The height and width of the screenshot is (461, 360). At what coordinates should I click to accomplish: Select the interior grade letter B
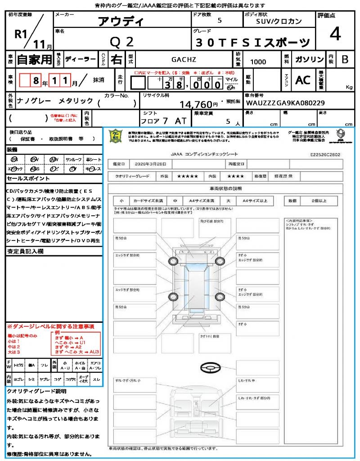click(x=345, y=59)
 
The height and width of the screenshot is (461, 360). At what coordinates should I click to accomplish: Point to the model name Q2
click(x=122, y=42)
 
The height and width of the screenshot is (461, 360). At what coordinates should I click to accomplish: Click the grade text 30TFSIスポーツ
click(x=253, y=42)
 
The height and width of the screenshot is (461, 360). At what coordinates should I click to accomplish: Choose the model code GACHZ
click(x=184, y=59)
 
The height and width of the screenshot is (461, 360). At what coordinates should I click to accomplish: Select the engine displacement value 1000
click(x=258, y=62)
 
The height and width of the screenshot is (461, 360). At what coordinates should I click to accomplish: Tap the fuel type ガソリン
click(x=309, y=59)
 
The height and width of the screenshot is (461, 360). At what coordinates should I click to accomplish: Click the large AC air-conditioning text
click(x=303, y=80)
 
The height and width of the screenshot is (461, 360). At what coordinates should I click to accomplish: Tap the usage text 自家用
click(x=34, y=59)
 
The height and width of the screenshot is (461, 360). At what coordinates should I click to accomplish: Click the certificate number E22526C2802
click(x=325, y=154)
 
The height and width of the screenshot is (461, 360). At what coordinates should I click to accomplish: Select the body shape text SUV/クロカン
click(x=279, y=21)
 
